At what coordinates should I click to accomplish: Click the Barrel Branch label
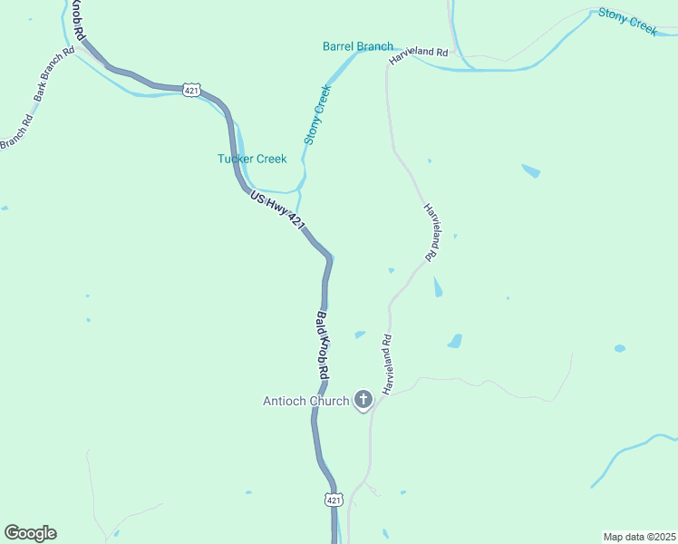[x=358, y=46]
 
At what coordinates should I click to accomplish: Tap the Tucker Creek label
[x=252, y=159]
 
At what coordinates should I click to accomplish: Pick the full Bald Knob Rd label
[x=323, y=345]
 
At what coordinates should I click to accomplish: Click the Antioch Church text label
[x=305, y=401]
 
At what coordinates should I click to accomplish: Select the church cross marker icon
[x=363, y=399]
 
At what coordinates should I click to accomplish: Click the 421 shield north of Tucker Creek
[x=190, y=90]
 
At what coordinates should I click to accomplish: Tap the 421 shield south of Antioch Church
[x=334, y=500]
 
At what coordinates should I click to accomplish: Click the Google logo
[x=30, y=533]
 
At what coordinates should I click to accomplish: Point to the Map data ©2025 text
[x=639, y=536]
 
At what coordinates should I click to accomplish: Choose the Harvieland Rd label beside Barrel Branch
[x=419, y=54]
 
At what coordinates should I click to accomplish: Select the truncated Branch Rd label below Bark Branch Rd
[x=16, y=131]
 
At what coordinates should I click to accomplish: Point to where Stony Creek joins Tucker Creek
[x=300, y=190]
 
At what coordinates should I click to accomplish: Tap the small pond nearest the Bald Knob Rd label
[x=360, y=335]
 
